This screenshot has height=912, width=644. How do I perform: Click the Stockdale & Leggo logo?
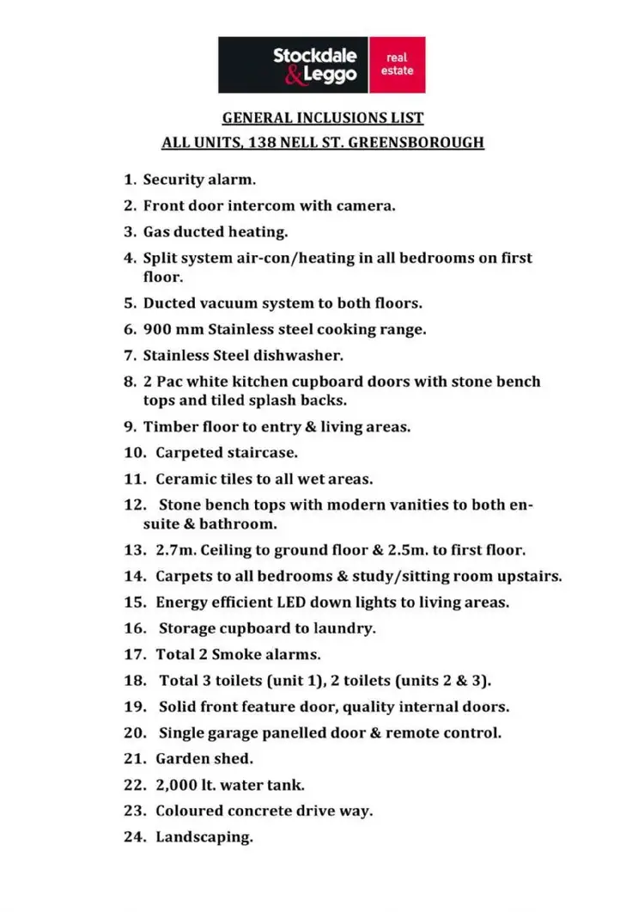(x=294, y=64)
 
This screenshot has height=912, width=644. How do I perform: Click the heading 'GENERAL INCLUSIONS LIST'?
(x=323, y=118)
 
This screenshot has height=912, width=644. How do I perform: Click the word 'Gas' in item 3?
(x=157, y=231)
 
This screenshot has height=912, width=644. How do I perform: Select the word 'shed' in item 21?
(x=234, y=758)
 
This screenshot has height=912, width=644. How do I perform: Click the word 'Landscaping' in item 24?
(x=204, y=835)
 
